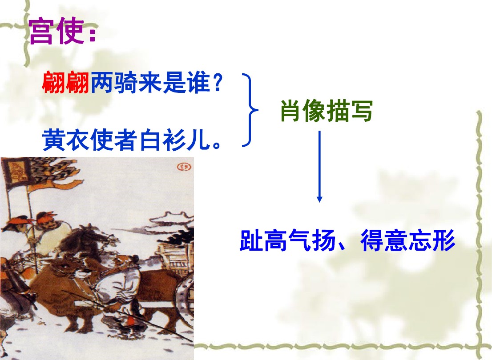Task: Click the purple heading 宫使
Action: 56,32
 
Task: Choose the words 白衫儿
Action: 174,140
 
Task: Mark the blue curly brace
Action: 251,110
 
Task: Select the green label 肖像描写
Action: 327,111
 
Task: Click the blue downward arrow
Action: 319,166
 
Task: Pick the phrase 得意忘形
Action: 408,241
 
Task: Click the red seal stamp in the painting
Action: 184,167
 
